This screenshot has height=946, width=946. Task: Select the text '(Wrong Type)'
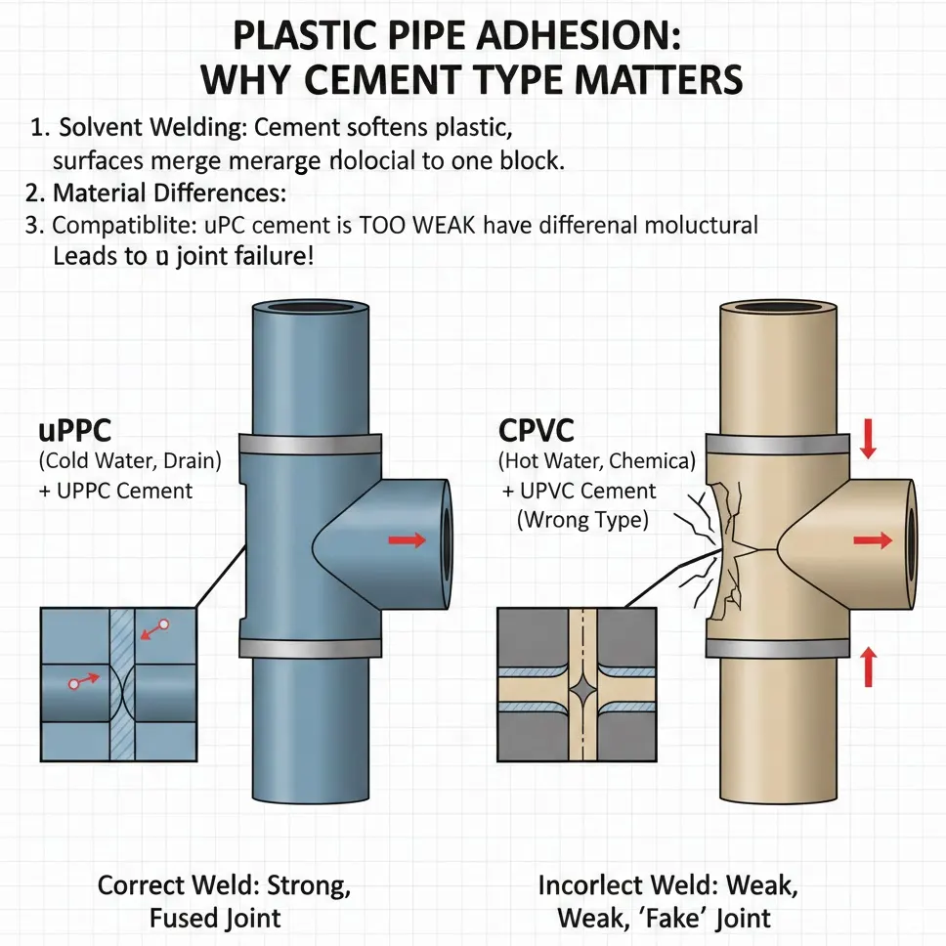click(582, 520)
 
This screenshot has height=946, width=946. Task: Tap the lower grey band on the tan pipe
click(777, 648)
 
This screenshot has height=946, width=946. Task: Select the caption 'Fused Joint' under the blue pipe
click(215, 918)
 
